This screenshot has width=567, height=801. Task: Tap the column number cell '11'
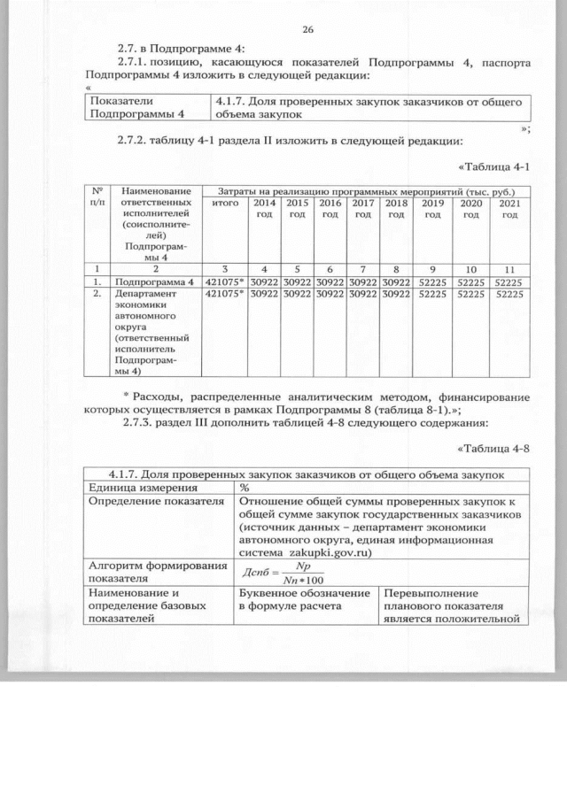(509, 268)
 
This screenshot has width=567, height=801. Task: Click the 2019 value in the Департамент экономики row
(433, 294)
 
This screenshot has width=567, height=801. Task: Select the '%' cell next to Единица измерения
(245, 488)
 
